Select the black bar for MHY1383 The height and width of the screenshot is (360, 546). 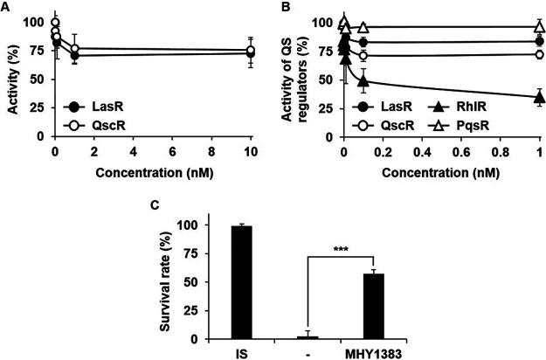(373, 306)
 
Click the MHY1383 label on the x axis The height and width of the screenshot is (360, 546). (373, 352)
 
